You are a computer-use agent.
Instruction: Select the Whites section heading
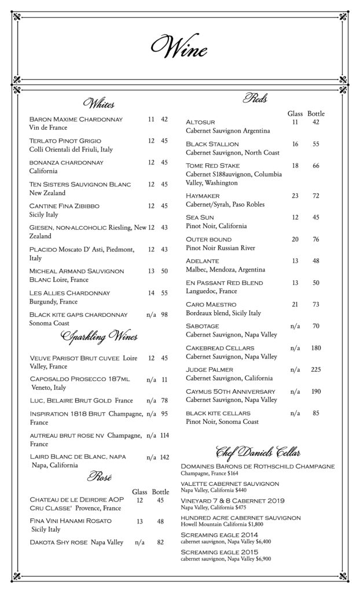click(99, 104)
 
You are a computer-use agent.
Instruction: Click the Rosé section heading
click(99, 477)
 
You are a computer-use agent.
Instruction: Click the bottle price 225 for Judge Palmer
click(316, 369)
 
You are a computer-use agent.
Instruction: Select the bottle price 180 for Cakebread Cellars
click(316, 347)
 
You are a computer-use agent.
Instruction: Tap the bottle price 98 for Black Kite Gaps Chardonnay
click(164, 314)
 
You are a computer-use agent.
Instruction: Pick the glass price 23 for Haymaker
click(295, 196)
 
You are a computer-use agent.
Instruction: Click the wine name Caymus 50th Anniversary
click(230, 391)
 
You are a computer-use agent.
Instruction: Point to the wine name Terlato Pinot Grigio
click(65, 141)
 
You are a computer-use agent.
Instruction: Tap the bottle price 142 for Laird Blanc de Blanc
click(164, 457)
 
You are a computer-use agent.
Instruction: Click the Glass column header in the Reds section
click(295, 114)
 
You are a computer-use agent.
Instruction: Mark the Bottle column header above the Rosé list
click(160, 491)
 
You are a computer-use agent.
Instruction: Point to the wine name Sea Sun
click(200, 217)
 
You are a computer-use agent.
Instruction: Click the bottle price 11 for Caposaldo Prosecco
click(164, 379)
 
